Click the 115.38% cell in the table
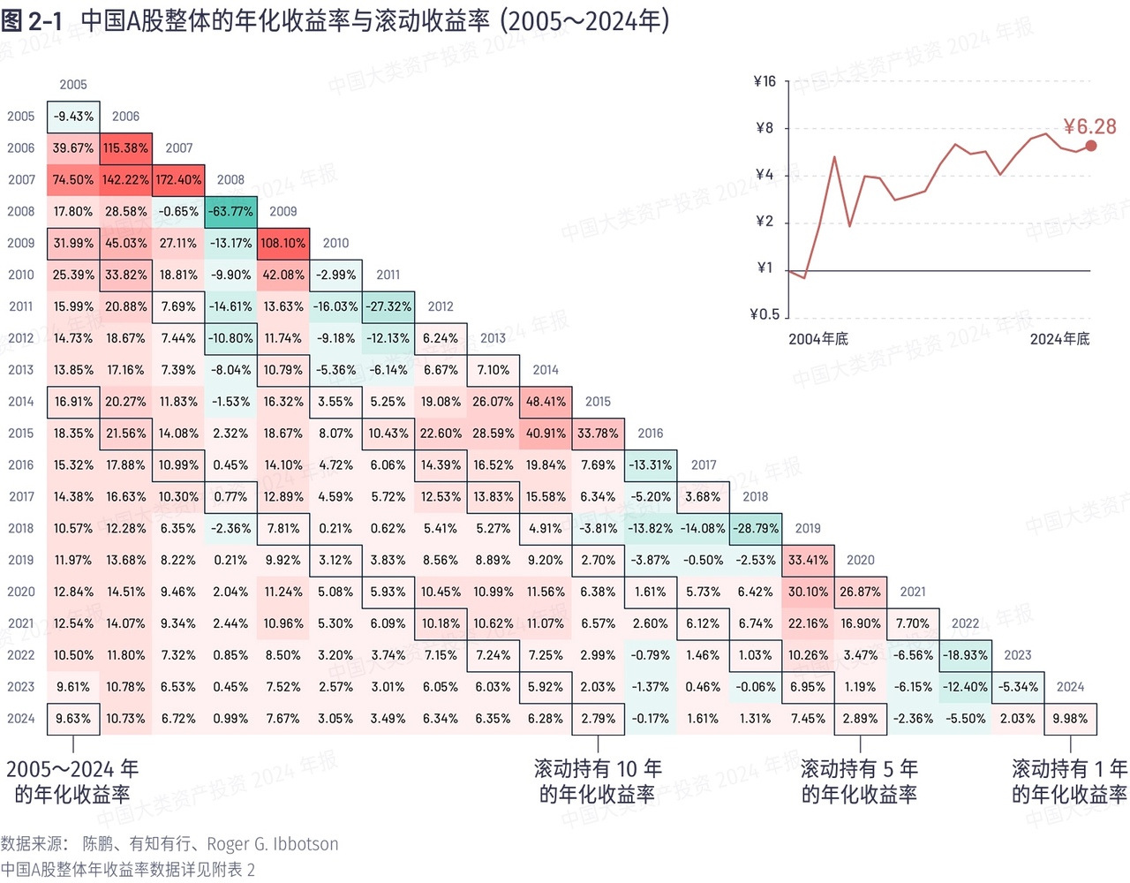125,148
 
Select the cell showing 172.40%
178,180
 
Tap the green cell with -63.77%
230,212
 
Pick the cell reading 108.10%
283,244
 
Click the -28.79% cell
756,529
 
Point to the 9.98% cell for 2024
1070,719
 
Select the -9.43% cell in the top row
73,117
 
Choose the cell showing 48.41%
546,402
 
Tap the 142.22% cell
125,180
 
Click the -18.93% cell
965,655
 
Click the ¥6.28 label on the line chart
1089,127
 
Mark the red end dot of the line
1091,146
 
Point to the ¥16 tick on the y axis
765,82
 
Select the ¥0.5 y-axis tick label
765,314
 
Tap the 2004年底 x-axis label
818,339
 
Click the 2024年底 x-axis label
1059,339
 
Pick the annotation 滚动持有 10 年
598,769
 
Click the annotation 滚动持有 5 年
859,769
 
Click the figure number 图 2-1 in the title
32,21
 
